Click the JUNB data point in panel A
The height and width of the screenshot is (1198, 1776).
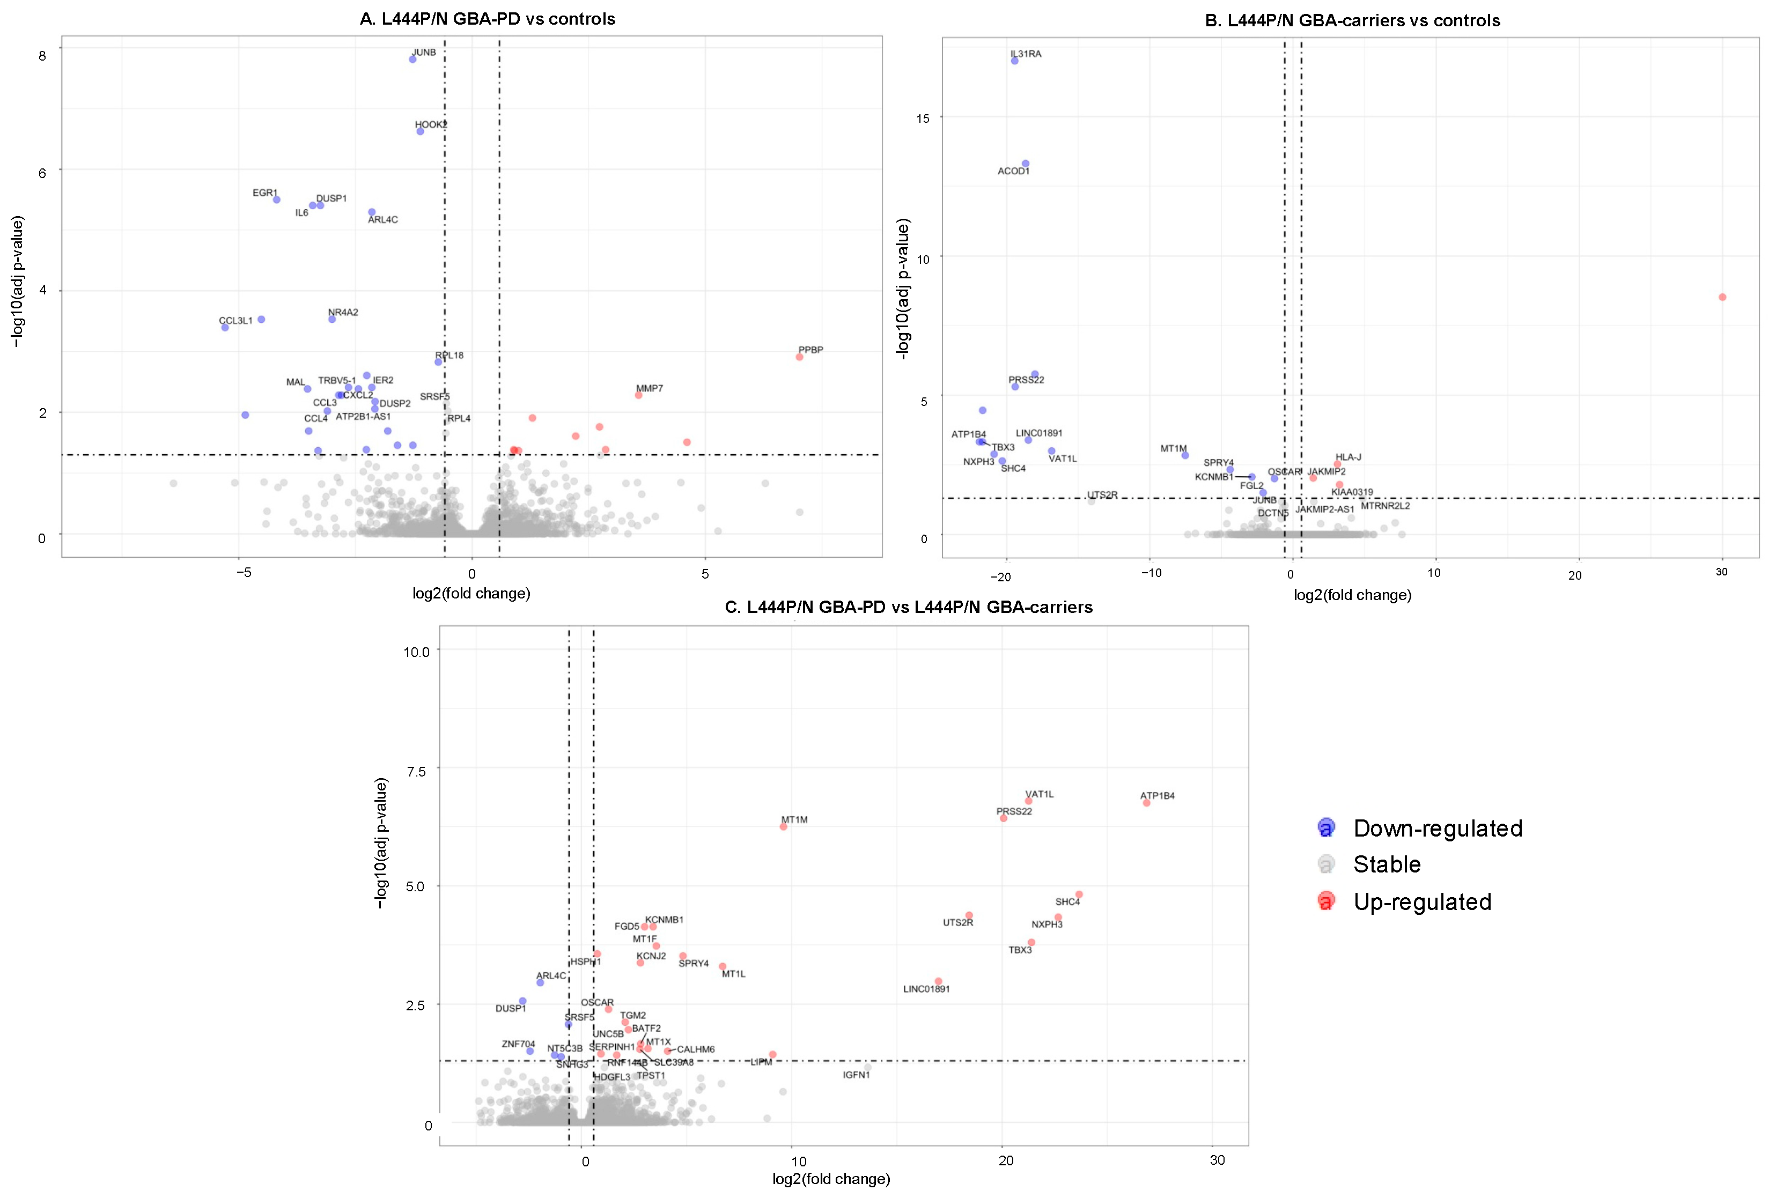(x=412, y=59)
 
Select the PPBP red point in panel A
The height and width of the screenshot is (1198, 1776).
(x=799, y=357)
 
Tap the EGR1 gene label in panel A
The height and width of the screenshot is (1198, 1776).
(x=265, y=193)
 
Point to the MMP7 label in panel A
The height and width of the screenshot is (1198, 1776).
(x=650, y=388)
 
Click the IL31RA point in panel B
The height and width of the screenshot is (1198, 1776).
(x=1015, y=61)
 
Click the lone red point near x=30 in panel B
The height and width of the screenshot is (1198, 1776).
(x=1722, y=297)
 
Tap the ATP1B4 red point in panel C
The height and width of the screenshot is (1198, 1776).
(x=1146, y=803)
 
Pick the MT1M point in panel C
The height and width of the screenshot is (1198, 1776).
(x=783, y=827)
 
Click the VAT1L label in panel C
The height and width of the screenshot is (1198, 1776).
(x=1040, y=795)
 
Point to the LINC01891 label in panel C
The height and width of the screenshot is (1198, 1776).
(x=926, y=989)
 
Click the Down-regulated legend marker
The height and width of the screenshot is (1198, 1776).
(x=1327, y=827)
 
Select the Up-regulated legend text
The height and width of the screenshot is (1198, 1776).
(x=1422, y=903)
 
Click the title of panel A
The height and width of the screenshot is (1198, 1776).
(x=488, y=19)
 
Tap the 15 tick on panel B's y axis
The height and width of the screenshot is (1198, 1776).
(x=923, y=119)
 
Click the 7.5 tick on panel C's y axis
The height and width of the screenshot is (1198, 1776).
(x=416, y=772)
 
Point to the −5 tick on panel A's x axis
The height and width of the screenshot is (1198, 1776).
(x=242, y=573)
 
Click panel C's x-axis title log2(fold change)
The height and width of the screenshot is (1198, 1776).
(x=831, y=1179)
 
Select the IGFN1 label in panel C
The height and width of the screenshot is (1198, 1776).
(x=856, y=1075)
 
